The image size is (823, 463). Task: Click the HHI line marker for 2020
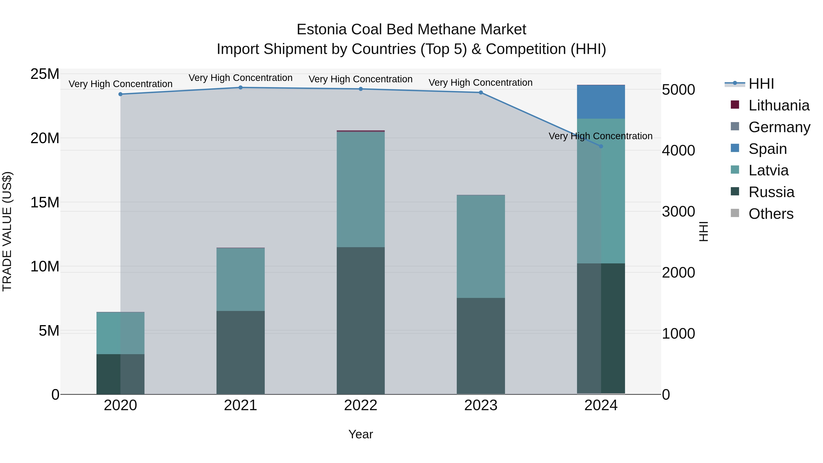coord(120,94)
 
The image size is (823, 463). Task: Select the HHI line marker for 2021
coord(240,88)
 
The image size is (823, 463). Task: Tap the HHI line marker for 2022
coord(361,89)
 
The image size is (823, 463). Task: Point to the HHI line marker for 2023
coord(481,93)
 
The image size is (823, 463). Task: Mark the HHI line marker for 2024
coord(601,146)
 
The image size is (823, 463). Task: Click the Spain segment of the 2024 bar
coord(601,102)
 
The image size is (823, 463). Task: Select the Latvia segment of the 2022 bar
coord(361,189)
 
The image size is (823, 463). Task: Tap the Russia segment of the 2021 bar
coord(240,352)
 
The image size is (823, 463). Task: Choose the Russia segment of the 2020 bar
coord(120,374)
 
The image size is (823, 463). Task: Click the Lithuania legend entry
coord(779,105)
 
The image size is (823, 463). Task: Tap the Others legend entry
coord(771,214)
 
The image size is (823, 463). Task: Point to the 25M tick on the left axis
coord(45,74)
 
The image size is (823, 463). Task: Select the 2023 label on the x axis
coord(481,405)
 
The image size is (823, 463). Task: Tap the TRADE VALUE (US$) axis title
coord(7,231)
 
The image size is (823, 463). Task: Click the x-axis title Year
coord(361,434)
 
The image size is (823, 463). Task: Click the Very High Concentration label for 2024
coord(600,136)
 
